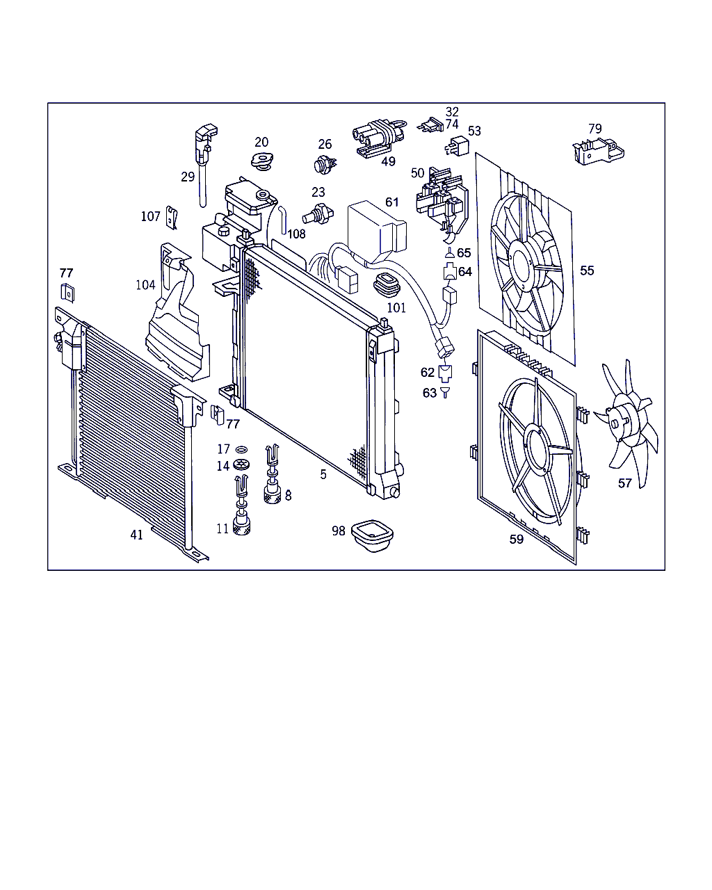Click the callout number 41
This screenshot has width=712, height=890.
[x=136, y=535]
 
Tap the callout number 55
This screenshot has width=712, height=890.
[x=587, y=270]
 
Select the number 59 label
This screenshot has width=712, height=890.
[x=517, y=539]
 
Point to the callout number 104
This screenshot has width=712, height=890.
[x=145, y=284]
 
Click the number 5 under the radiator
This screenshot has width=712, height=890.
[x=323, y=474]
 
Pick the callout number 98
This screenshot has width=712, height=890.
[x=339, y=531]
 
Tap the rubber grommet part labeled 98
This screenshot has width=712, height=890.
[x=373, y=535]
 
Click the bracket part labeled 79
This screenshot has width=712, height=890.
[x=598, y=152]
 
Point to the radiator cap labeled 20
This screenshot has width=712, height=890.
[x=262, y=161]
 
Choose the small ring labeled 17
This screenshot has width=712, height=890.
[x=241, y=449]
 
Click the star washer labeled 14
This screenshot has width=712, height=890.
[x=241, y=464]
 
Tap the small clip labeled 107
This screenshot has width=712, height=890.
[x=172, y=218]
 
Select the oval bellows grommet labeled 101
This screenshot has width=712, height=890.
[x=387, y=284]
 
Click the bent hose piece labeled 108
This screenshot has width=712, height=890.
[x=283, y=220]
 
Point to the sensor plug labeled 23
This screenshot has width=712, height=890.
[x=318, y=214]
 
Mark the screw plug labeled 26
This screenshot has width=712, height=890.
[x=325, y=165]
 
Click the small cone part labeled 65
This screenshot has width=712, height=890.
[x=450, y=252]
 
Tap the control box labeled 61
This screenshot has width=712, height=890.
[x=376, y=232]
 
